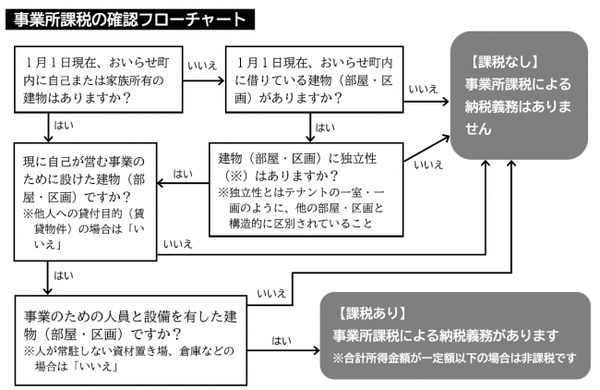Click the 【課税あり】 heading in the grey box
point(370,313)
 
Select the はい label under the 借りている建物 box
point(325,128)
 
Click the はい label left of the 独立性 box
point(183,174)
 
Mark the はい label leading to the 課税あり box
point(282,340)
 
